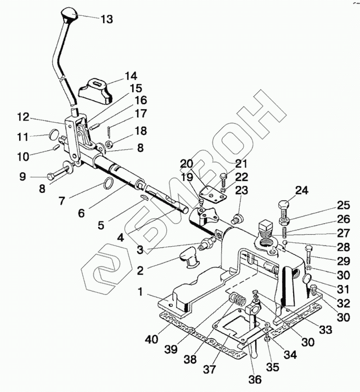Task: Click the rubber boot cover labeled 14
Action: (96, 89)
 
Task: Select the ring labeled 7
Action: (108, 184)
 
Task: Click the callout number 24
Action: (301, 191)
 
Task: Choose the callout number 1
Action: (140, 293)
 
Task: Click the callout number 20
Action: (187, 163)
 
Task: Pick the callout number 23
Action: (242, 190)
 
